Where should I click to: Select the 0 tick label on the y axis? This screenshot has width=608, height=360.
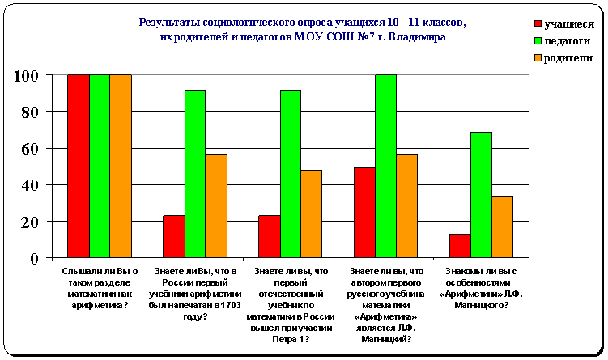tap(36, 259)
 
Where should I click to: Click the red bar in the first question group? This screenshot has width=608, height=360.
tap(79, 166)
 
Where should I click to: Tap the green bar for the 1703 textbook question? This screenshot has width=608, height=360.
tap(195, 173)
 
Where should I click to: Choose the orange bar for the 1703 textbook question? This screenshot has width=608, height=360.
tap(216, 205)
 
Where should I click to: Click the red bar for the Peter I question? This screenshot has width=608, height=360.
tap(269, 236)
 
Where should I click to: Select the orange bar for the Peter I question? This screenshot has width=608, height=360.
tap(311, 214)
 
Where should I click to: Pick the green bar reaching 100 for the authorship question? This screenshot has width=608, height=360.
tap(386, 166)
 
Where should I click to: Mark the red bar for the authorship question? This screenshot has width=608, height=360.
tap(364, 212)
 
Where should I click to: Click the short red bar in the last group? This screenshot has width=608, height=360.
tap(460, 245)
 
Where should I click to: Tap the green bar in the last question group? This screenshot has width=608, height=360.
tap(481, 194)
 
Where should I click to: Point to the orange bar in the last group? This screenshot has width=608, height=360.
tap(502, 227)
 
